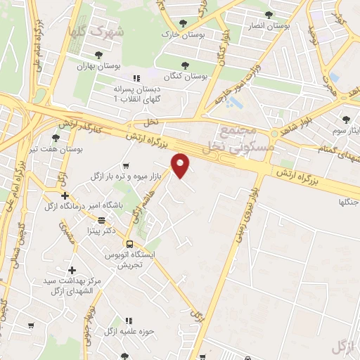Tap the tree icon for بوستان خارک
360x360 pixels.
point(184,23)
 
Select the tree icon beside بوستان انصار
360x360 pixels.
point(269,15)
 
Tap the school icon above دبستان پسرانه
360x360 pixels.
point(136,78)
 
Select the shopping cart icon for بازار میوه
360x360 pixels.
point(126,166)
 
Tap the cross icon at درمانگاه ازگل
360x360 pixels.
point(65,195)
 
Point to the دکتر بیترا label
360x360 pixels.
point(99,229)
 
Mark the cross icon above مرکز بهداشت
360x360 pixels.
point(72,270)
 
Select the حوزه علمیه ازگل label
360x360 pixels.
point(138,330)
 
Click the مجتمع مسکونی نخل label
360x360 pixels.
point(234,139)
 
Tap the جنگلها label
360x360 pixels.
point(347,202)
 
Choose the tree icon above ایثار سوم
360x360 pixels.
point(346,120)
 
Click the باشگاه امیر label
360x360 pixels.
point(97,205)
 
